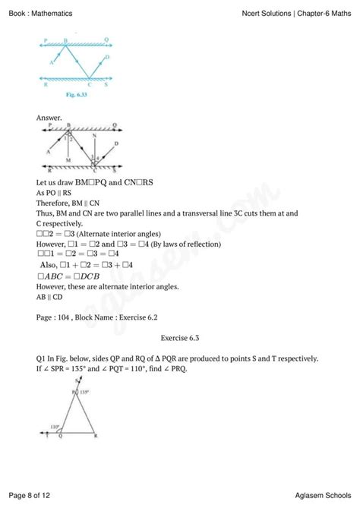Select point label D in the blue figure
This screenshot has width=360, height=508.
pyautogui.click(x=107, y=56)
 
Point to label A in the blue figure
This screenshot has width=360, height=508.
pyautogui.click(x=51, y=64)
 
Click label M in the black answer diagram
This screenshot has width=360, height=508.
pyautogui.click(x=68, y=162)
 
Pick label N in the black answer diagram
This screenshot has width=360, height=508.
pyautogui.click(x=93, y=136)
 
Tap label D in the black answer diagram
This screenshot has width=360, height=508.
pyautogui.click(x=116, y=144)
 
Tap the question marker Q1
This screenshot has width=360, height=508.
pyautogui.click(x=42, y=358)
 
